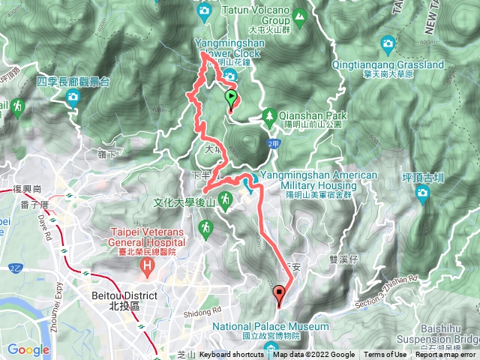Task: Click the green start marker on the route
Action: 231,97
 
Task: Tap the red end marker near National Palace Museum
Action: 280,294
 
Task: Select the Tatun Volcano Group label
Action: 255,16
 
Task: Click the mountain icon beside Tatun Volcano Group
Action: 300,13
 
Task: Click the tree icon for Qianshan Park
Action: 268,115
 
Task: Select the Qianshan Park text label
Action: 309,115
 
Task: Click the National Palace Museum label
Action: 270,327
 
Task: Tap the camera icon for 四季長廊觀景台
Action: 73,97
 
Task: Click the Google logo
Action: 28,349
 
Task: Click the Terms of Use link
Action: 385,355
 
